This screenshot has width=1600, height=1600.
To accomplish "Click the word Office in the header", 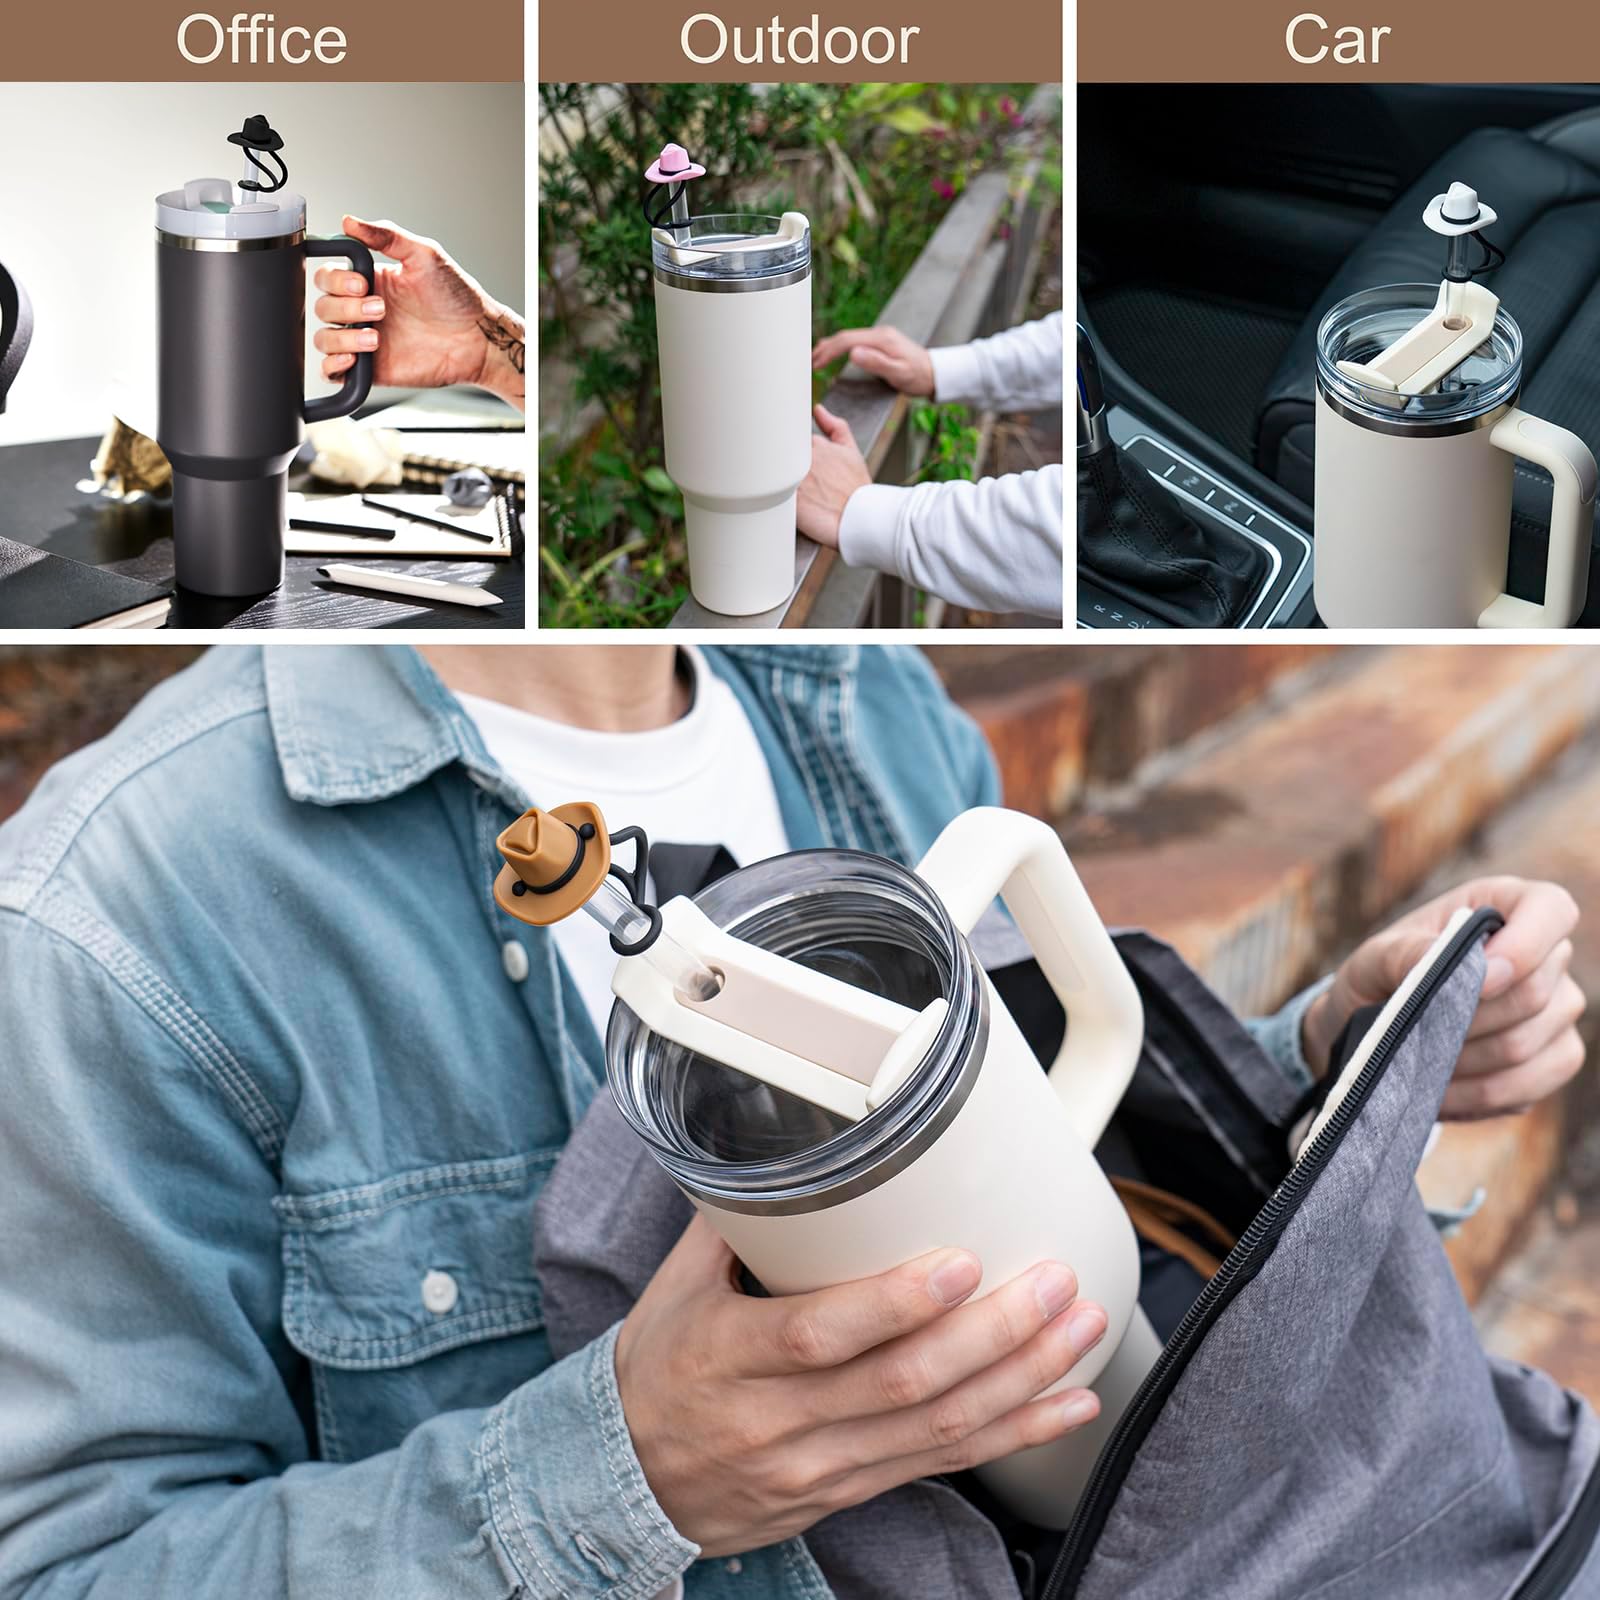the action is [261, 40].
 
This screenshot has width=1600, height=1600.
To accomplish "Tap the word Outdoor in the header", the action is [799, 40].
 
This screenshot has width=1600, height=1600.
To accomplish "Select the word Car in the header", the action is [1337, 40].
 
